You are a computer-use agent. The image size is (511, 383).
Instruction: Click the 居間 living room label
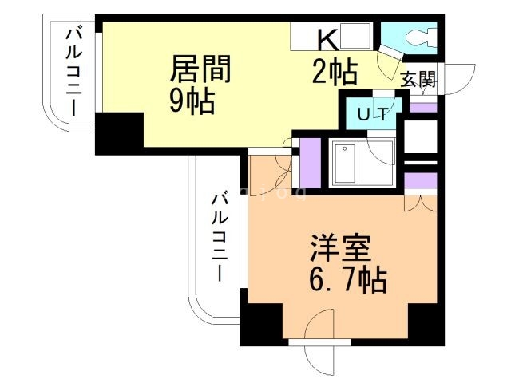coord(199,69)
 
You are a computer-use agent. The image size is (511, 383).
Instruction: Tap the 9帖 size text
coord(192,101)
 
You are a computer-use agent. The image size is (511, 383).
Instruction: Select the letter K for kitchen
coord(327,38)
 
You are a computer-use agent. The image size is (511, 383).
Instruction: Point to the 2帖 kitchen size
coord(334,73)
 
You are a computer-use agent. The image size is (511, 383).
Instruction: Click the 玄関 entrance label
coord(417,79)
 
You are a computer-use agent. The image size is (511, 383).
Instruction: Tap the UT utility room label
coord(372,114)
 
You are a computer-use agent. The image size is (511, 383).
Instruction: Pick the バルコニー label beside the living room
coord(73,72)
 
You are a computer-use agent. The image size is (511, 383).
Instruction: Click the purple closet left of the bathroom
coord(309,162)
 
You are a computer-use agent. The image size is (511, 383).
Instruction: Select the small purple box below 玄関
coord(423,106)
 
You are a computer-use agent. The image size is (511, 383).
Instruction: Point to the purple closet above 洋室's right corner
coord(421,180)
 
